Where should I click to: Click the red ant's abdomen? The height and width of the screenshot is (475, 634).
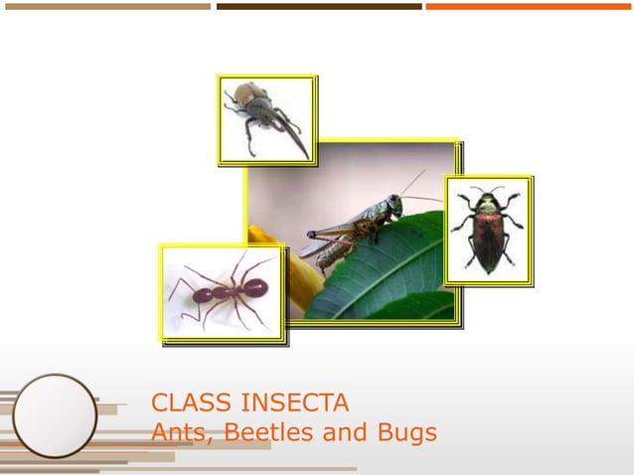252,288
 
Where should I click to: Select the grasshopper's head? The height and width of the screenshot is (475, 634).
394,205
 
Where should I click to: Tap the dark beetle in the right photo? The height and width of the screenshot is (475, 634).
487,232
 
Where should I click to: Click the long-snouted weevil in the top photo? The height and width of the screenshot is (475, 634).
260,114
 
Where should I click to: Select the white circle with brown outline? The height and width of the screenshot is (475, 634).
55,415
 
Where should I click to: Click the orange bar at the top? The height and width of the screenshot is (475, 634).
530,6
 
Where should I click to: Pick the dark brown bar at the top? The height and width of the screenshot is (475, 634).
319,6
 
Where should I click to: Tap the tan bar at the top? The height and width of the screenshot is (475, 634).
105,6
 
